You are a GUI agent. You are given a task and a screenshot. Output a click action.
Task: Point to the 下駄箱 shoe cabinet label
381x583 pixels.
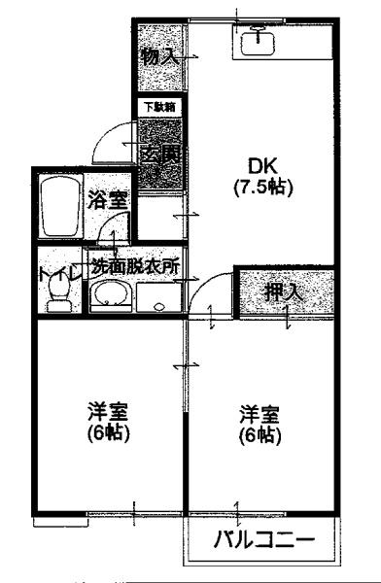pyautogui.click(x=158, y=106)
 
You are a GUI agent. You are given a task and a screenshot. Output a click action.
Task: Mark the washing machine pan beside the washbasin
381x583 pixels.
pyautogui.click(x=156, y=296)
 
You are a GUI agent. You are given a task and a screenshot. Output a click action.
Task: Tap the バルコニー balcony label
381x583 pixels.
pyautogui.click(x=263, y=539)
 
